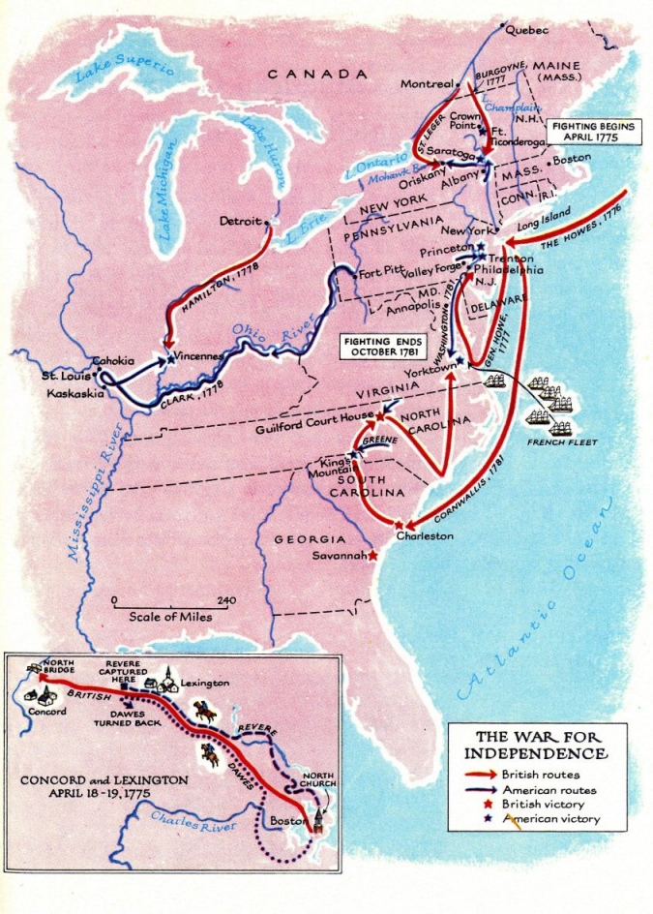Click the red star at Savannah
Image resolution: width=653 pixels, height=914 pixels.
click(x=373, y=556)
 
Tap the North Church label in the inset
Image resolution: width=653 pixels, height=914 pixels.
click(x=316, y=780)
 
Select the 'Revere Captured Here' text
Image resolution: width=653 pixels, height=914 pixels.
click(x=123, y=670)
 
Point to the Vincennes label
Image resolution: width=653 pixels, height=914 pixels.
click(x=199, y=356)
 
